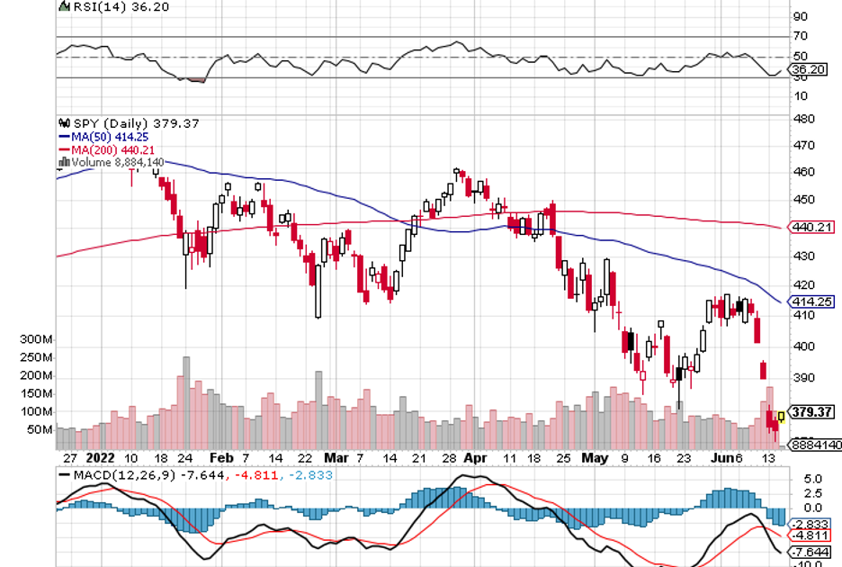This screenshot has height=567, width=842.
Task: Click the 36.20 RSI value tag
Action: pyautogui.click(x=804, y=69)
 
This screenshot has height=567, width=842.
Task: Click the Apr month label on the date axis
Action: pyautogui.click(x=476, y=457)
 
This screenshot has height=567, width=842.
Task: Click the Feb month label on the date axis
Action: pyautogui.click(x=219, y=457)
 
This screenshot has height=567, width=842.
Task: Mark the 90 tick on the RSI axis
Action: pyautogui.click(x=800, y=16)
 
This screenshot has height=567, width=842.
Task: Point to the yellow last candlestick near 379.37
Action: pyautogui.click(x=781, y=416)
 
